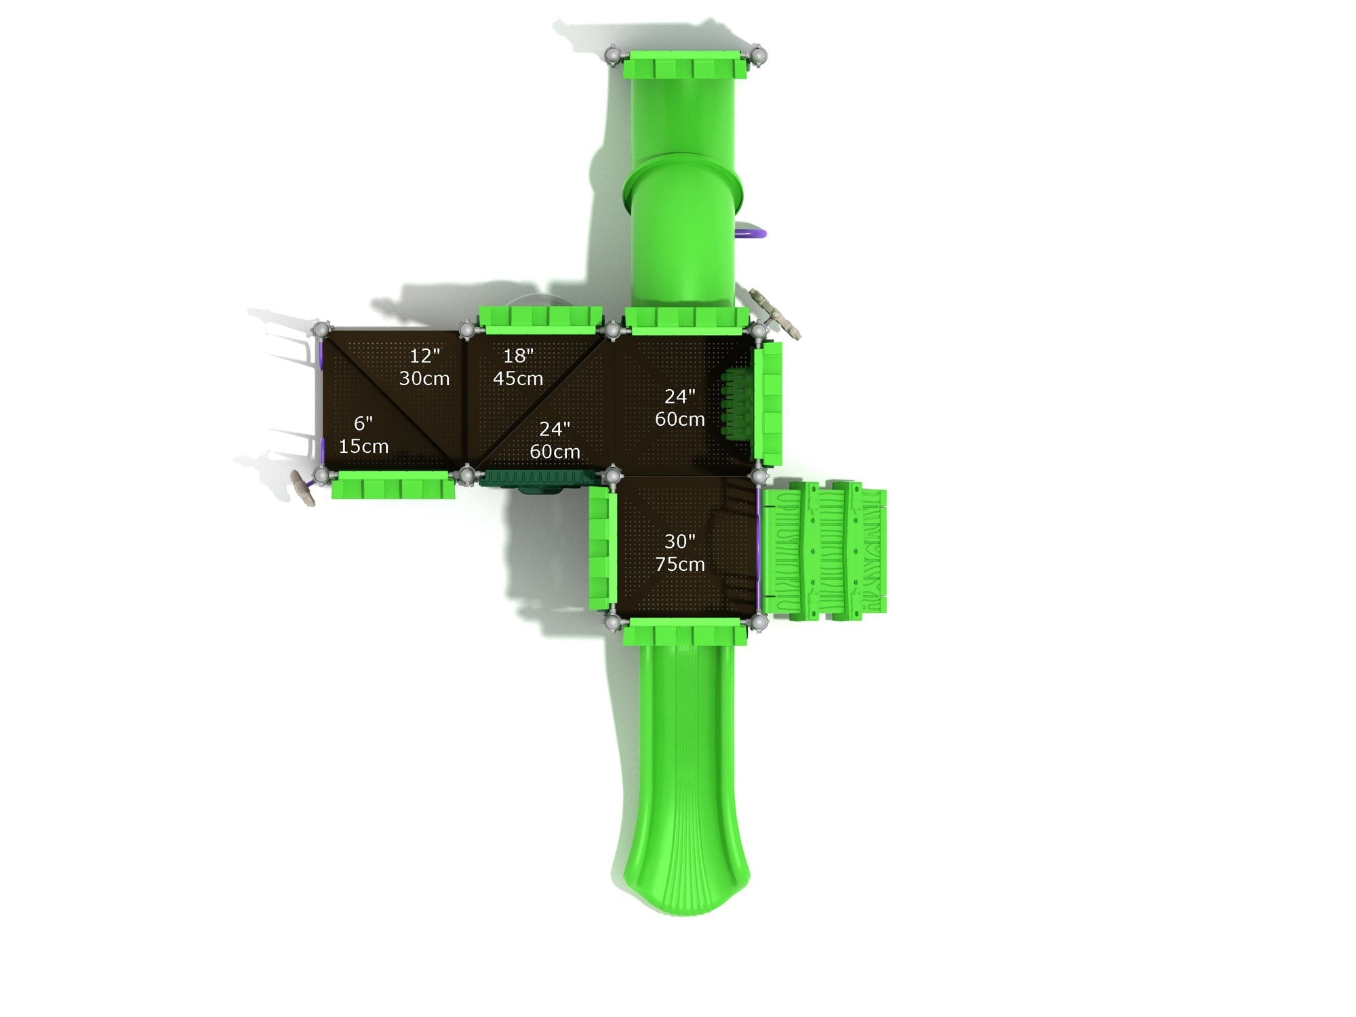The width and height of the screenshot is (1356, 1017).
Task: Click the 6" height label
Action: click(363, 424)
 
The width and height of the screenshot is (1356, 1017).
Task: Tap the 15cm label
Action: click(363, 446)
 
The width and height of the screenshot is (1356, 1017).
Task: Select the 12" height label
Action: click(424, 355)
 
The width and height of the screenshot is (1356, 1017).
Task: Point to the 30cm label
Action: click(424, 378)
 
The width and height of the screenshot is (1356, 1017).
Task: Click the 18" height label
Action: click(518, 355)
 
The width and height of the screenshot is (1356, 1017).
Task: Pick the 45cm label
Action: click(518, 378)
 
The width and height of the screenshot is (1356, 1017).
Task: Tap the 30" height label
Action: click(679, 541)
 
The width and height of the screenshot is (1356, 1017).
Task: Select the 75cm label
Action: click(679, 564)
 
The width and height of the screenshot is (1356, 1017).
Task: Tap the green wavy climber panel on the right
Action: click(824, 549)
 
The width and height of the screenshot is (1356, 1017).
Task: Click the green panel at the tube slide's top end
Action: click(685, 65)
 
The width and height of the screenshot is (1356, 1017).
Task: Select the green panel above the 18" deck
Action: click(540, 319)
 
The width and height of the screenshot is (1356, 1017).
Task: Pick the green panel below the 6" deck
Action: click(393, 486)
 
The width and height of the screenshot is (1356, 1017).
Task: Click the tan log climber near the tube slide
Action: click(777, 312)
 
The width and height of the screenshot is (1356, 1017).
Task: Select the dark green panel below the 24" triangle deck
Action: click(536, 479)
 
